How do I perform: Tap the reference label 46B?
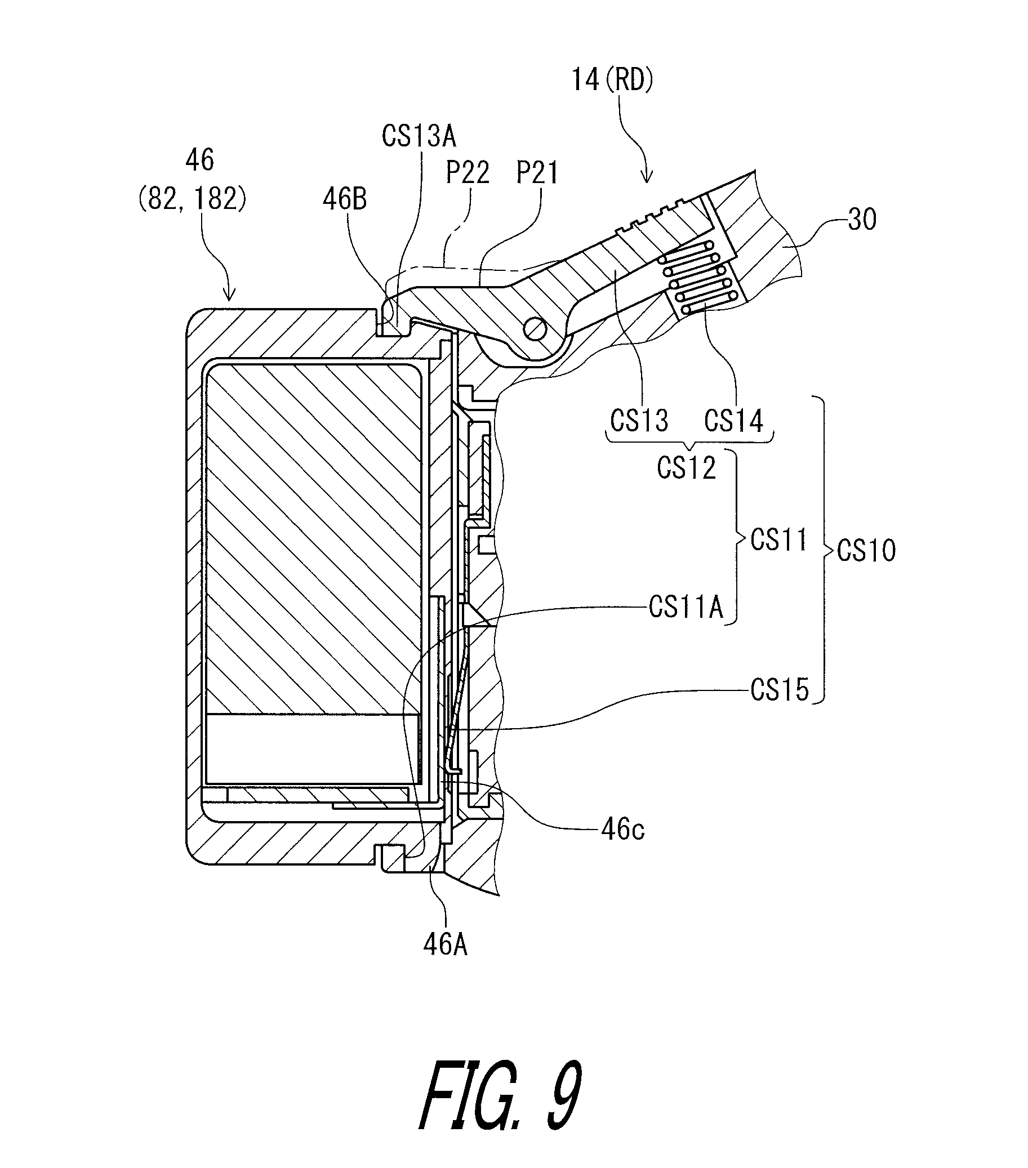click(345, 199)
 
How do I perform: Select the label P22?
click(468, 172)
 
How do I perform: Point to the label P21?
click(537, 172)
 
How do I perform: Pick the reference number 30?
click(862, 220)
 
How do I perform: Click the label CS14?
click(733, 421)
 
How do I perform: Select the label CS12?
click(686, 467)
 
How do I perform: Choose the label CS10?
click(866, 551)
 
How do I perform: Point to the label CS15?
click(780, 690)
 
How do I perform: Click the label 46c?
click(622, 829)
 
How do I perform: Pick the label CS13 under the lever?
click(638, 421)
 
